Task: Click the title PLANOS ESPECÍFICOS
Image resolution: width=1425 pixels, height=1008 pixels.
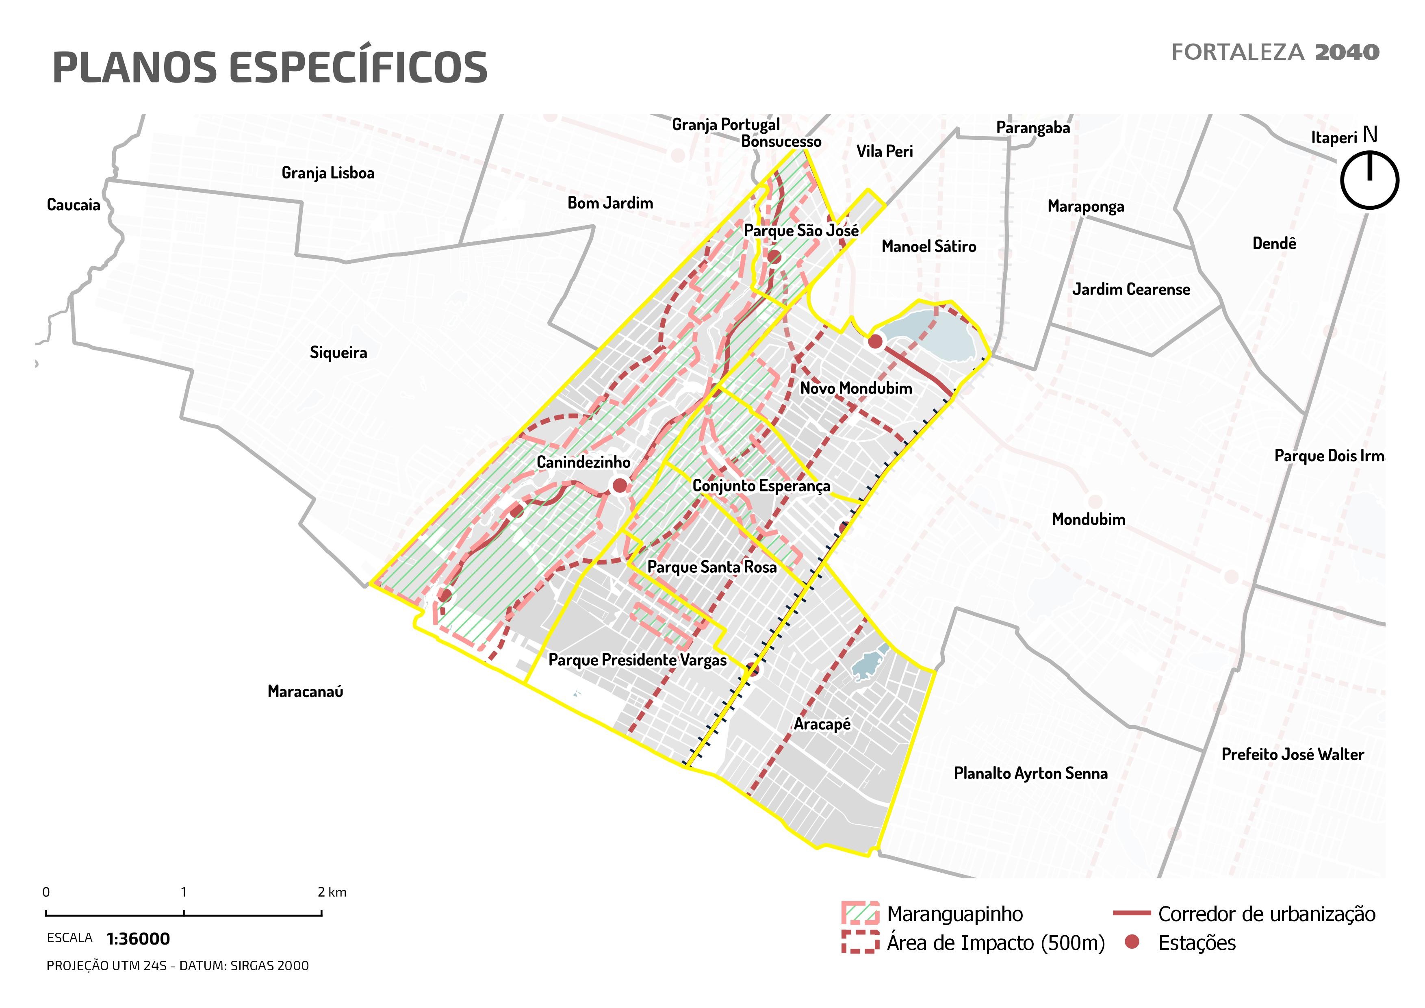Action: point(270,67)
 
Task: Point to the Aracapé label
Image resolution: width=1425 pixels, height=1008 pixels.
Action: point(822,724)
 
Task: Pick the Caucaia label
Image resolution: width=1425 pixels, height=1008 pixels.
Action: point(73,205)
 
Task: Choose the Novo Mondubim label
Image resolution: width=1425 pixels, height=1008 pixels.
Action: point(855,389)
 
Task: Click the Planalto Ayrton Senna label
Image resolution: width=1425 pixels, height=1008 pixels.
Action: point(1030,773)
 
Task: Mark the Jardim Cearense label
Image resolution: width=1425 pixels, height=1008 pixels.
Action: point(1131,289)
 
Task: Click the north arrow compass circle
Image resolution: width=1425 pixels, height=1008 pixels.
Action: point(1369,180)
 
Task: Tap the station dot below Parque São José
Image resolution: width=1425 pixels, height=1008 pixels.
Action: point(773,257)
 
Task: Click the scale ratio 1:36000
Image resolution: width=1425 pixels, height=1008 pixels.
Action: point(138,939)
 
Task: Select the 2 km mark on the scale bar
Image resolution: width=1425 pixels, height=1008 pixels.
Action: point(321,912)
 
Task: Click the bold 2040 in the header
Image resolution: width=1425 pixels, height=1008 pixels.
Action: point(1347,52)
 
